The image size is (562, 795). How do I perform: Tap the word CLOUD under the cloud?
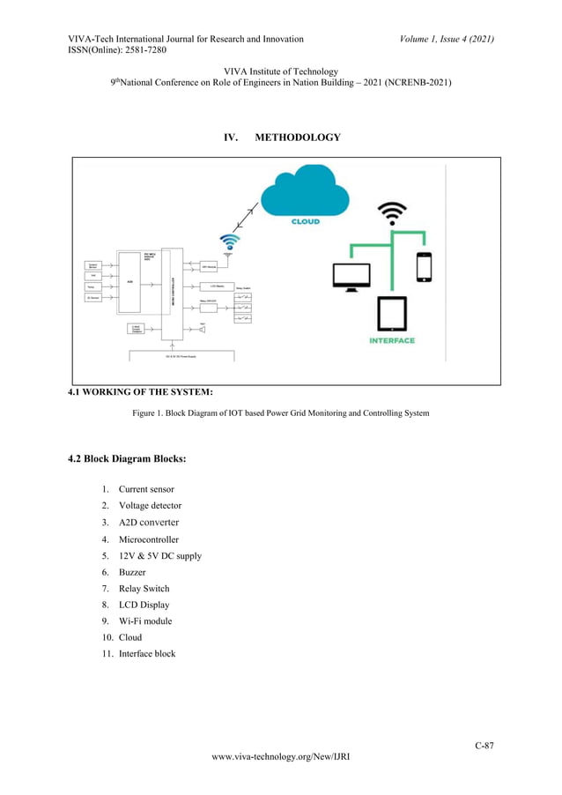point(306,222)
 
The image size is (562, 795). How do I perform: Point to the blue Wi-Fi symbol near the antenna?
point(230,241)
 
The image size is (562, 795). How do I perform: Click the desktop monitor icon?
point(351,275)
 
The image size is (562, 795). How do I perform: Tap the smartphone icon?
point(424,266)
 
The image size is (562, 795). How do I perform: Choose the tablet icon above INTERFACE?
point(392,314)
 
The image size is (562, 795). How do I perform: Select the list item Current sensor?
point(146,489)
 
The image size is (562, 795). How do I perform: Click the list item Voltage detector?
point(150,506)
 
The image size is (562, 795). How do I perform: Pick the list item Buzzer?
point(132,572)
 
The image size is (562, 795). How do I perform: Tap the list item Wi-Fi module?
point(145,621)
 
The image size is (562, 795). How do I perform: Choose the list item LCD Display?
point(144,605)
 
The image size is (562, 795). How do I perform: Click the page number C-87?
point(484,746)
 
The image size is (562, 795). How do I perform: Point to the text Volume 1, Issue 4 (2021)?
point(446,39)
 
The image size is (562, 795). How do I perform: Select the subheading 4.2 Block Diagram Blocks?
point(127,459)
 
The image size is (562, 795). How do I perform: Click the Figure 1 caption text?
point(280,412)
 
